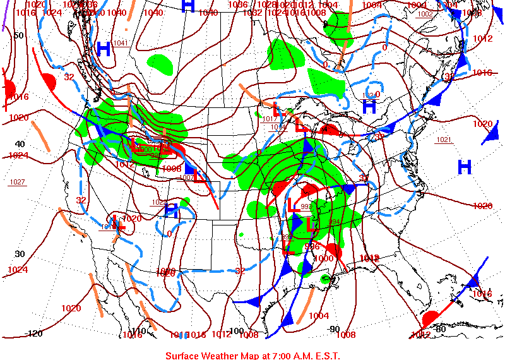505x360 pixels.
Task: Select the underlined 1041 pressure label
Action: pos(121,43)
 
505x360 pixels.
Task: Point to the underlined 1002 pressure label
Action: pos(425,14)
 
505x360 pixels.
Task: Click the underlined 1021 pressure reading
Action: pos(444,140)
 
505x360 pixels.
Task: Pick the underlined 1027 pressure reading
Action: pos(17,182)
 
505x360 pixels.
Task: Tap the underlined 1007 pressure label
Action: pos(186,177)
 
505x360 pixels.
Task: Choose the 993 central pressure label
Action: pos(306,207)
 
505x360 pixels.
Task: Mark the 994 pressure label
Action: pos(334,222)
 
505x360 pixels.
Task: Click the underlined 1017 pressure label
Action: pos(270,119)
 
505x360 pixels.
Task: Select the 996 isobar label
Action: pos(312,246)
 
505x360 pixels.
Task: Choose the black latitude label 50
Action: pos(19,35)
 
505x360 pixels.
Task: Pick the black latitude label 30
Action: pos(20,254)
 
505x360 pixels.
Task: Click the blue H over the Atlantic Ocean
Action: pos(465,167)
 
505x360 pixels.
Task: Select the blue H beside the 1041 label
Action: pos(104,49)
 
